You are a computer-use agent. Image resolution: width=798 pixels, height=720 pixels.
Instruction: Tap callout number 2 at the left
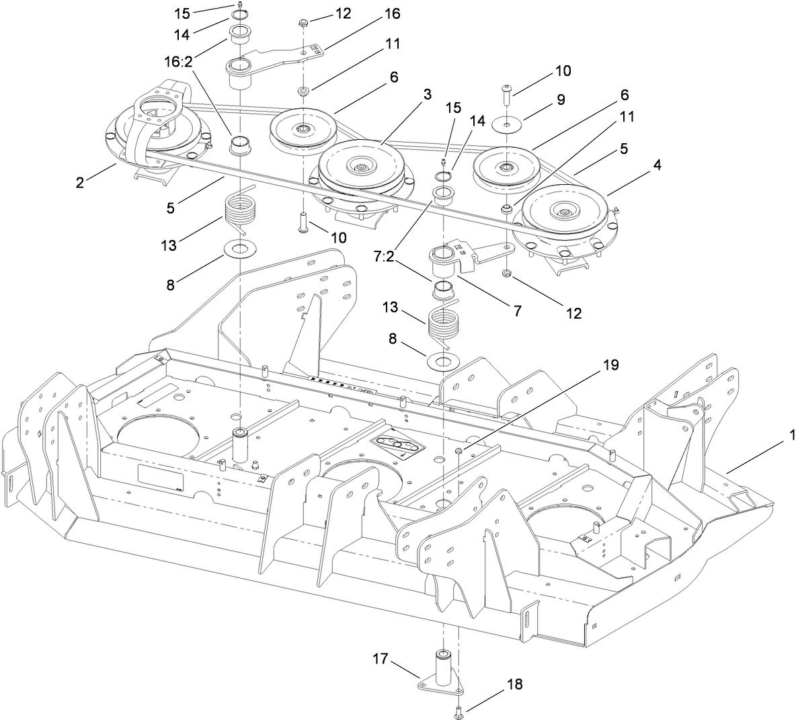pos(80,182)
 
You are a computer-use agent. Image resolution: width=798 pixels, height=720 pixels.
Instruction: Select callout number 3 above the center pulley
pos(428,93)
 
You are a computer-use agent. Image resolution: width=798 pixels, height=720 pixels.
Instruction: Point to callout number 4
pos(656,165)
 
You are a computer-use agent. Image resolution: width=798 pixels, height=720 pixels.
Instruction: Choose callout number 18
pos(515,684)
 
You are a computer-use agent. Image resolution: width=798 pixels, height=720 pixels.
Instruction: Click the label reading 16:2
pos(179,61)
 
